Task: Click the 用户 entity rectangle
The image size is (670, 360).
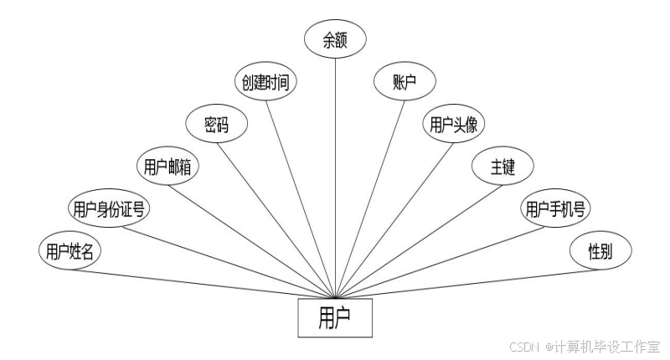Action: (335, 317)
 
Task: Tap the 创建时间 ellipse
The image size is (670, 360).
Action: (265, 82)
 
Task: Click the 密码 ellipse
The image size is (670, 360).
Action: (216, 125)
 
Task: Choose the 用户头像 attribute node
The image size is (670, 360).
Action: (453, 125)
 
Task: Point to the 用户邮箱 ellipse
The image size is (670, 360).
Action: (167, 167)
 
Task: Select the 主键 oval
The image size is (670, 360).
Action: (502, 167)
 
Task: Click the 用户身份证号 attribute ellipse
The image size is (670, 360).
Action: (109, 208)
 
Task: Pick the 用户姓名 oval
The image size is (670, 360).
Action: (70, 250)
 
